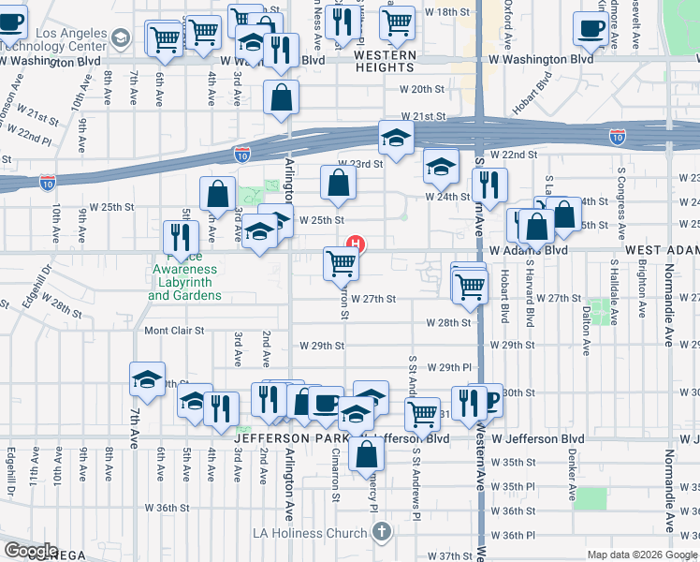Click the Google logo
pos(30,551)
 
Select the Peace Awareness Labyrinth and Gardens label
pos(184,282)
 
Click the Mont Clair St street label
pos(174,331)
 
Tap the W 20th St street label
pos(421,90)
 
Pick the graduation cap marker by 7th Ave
pos(147,379)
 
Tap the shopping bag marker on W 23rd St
pos(339,184)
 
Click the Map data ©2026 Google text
pos(641,555)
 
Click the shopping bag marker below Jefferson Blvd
pos(367,453)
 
